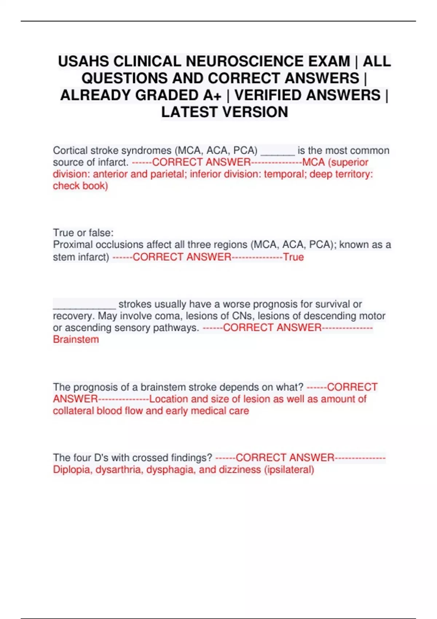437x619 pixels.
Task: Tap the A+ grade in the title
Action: (x=212, y=95)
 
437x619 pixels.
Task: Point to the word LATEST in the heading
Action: (x=190, y=112)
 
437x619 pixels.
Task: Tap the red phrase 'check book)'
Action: (x=80, y=186)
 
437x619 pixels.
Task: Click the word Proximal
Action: (x=73, y=245)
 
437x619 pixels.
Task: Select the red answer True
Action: (x=294, y=257)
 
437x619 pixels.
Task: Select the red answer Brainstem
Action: (x=76, y=339)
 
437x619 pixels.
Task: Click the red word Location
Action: (x=168, y=399)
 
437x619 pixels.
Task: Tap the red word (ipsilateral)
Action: (x=289, y=470)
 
